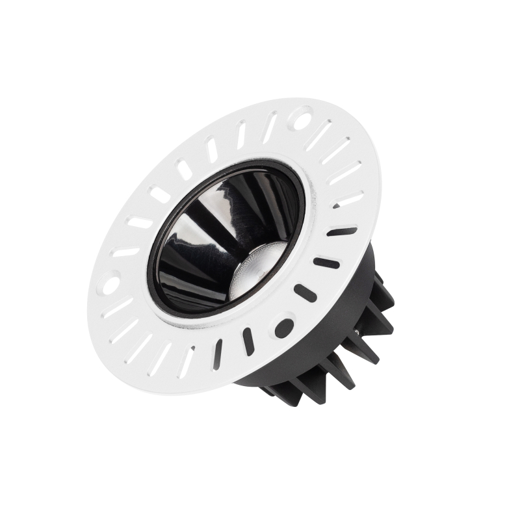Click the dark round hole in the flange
(283, 326)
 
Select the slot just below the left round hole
(117, 307)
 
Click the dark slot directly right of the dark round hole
(305, 293)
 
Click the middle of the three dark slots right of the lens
(326, 263)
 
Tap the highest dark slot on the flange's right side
(342, 231)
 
